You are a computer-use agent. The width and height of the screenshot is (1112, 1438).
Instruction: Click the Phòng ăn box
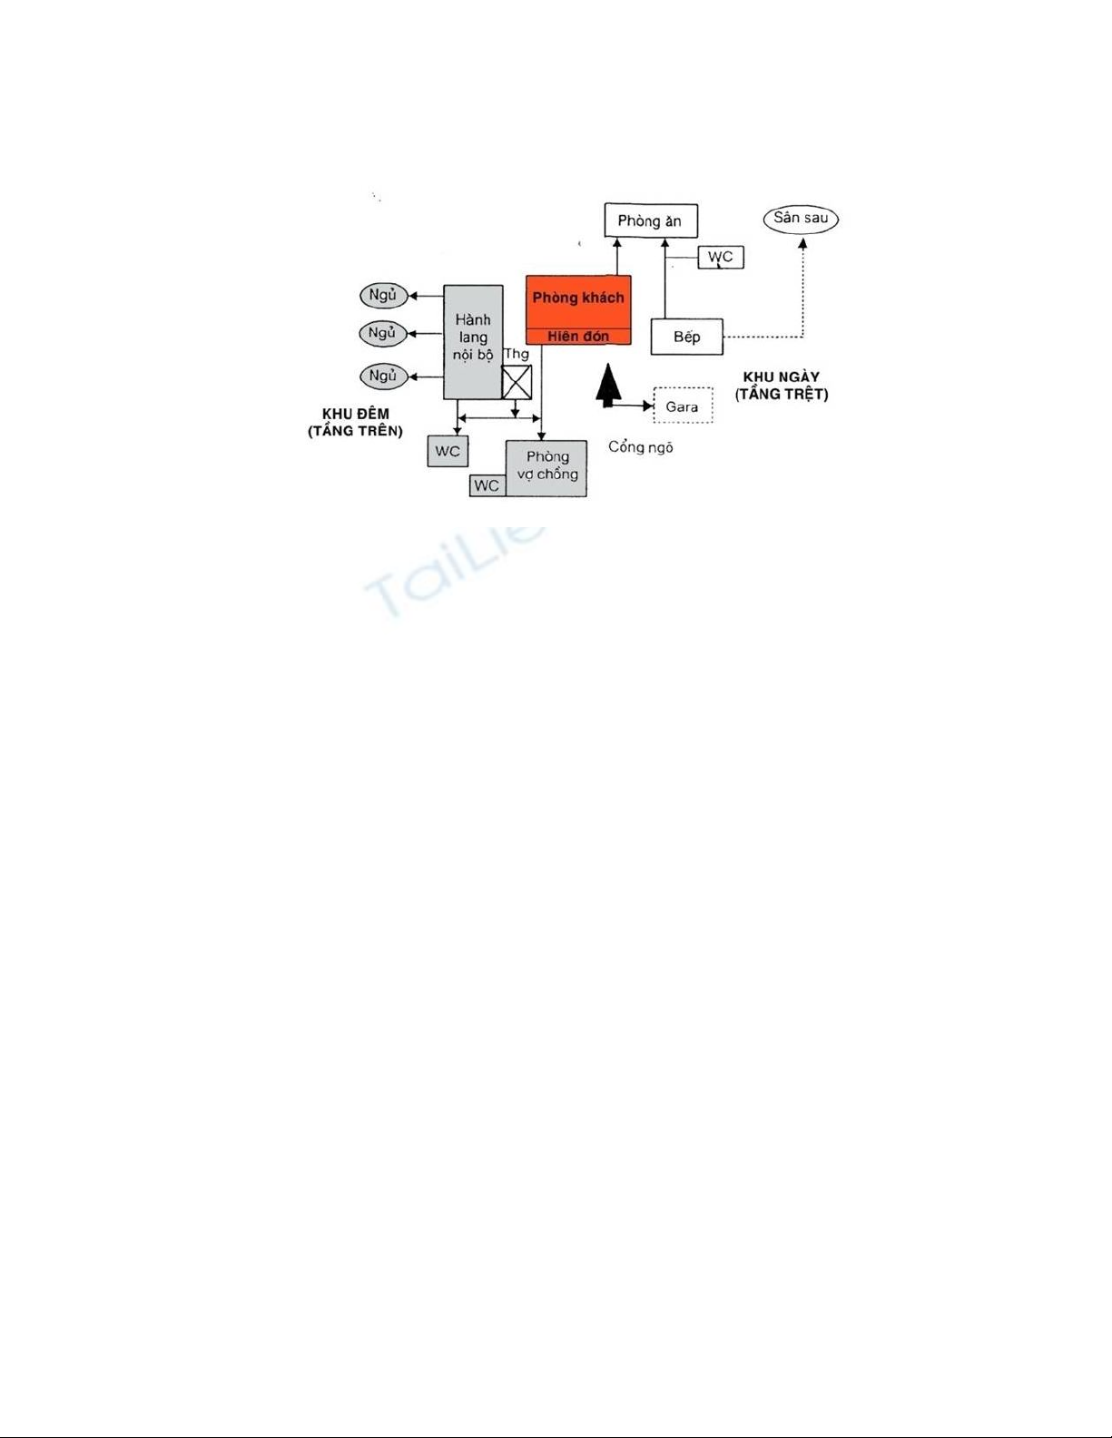(x=651, y=220)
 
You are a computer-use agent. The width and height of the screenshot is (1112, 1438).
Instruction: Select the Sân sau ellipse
(x=801, y=219)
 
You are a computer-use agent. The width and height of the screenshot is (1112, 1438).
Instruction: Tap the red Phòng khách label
(x=578, y=298)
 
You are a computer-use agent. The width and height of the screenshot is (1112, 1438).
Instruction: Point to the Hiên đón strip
(x=578, y=337)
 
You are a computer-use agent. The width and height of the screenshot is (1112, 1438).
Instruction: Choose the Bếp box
(x=687, y=337)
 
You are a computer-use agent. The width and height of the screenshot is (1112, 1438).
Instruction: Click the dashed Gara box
(x=683, y=406)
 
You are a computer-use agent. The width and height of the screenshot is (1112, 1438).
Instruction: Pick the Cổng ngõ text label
(x=641, y=447)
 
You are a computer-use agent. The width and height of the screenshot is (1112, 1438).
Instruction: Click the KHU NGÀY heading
(x=782, y=377)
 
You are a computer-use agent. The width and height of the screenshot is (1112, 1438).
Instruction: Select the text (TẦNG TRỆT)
(x=782, y=395)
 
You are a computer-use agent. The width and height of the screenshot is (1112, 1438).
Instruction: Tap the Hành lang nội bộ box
(x=473, y=341)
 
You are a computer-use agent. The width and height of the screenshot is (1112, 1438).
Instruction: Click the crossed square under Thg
(x=517, y=383)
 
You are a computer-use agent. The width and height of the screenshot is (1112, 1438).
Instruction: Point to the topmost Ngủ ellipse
(x=383, y=296)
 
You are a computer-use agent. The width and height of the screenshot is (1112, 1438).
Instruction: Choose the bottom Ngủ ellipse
(x=383, y=376)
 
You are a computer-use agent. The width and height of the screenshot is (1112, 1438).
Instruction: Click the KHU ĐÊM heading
(x=356, y=414)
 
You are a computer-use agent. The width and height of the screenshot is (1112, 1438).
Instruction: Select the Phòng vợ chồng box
(x=547, y=466)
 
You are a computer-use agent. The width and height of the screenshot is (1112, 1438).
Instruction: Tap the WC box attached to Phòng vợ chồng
(x=487, y=485)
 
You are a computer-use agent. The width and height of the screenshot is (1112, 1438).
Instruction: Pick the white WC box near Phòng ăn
(x=721, y=257)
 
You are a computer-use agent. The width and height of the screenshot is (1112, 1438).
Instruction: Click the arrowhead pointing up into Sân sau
(x=802, y=243)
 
